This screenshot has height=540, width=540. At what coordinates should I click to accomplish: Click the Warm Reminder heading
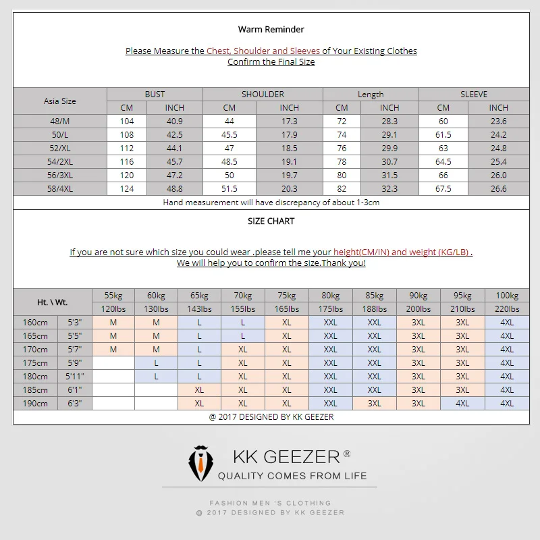271,29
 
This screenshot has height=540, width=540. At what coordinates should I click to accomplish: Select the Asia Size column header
59,101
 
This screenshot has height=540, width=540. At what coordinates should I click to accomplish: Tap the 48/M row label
59,122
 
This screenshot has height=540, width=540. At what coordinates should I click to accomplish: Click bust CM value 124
127,189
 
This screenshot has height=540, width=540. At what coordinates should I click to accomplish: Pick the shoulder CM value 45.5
229,135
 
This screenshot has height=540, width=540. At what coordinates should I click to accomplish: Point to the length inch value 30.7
389,162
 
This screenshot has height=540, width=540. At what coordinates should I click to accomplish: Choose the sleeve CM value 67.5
443,189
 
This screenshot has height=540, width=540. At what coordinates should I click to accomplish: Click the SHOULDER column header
263,94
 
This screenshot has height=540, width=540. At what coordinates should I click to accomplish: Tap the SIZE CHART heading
271,221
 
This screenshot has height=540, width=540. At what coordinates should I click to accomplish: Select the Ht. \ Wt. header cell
53,302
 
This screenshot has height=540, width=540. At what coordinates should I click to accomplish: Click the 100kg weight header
506,296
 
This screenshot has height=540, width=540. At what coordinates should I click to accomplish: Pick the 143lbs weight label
199,309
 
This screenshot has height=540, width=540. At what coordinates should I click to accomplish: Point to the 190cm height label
36,403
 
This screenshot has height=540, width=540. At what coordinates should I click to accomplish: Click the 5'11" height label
74,376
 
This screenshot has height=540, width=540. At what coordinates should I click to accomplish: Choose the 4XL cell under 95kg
462,403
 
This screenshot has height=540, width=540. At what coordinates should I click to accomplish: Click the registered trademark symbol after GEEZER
347,454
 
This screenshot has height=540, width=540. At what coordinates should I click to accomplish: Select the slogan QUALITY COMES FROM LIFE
292,476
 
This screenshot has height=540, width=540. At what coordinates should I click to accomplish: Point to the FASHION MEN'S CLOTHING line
270,503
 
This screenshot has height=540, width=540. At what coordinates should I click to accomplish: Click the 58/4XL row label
59,189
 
